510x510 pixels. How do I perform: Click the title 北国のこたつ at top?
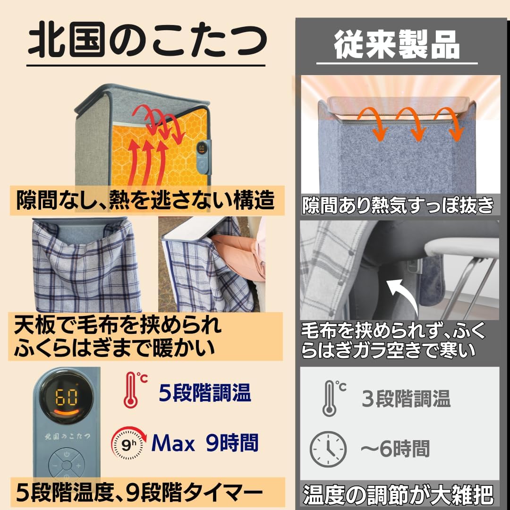tap(146, 42)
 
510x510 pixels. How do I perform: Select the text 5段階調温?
tap(204, 392)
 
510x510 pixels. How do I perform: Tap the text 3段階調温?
tap(406, 399)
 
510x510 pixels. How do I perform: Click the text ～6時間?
tap(395, 448)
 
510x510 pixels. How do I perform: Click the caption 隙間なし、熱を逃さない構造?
tap(145, 201)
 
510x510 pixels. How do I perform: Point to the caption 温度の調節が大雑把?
tap(398, 495)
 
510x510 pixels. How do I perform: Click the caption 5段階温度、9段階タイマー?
tap(139, 493)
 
